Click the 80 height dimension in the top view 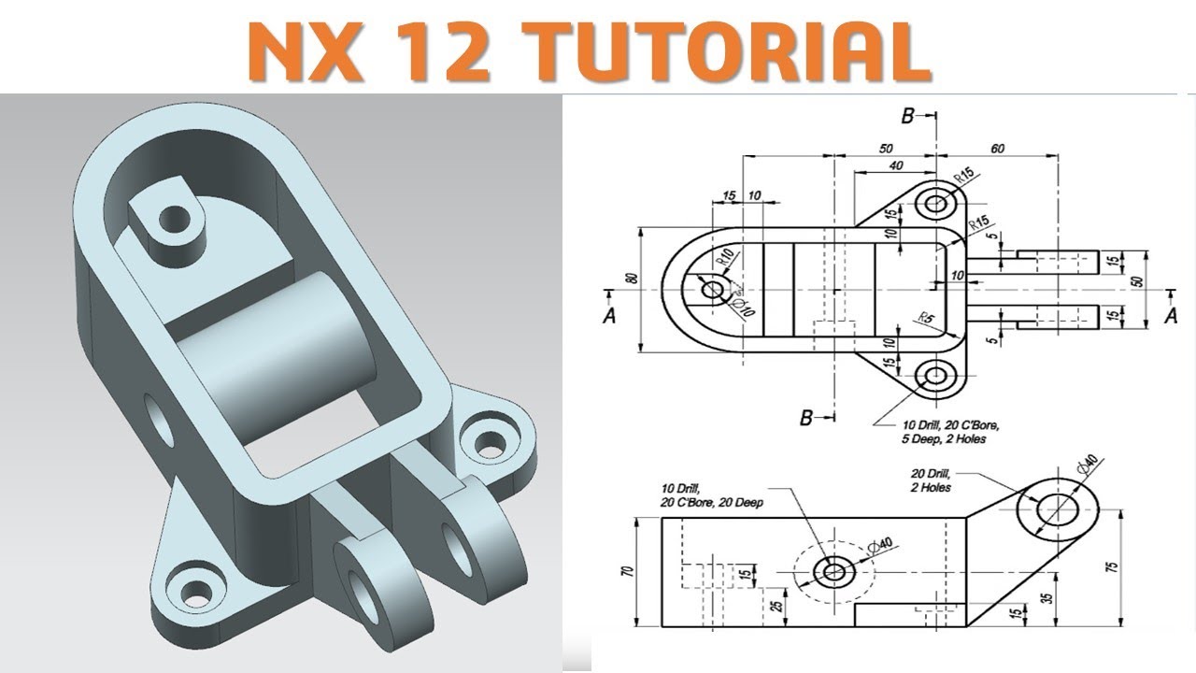[x=632, y=279]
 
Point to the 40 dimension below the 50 [x=897, y=165]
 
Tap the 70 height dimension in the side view [x=627, y=570]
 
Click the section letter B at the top [x=906, y=117]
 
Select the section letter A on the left [x=610, y=316]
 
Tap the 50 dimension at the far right [x=1138, y=280]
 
